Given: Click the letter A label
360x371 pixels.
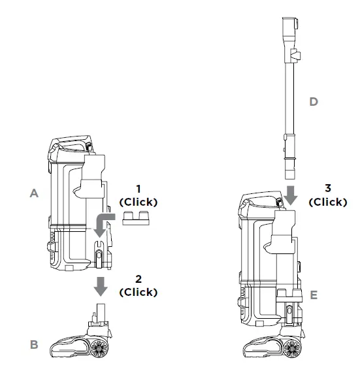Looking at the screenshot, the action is tap(34, 193).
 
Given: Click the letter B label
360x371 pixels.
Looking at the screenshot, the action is tap(34, 344).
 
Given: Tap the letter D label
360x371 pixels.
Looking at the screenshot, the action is tap(314, 102).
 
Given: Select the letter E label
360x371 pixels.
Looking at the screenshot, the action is tap(314, 295).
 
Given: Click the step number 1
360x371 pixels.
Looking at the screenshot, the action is tap(139, 189).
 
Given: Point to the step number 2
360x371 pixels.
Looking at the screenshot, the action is tap(139, 279).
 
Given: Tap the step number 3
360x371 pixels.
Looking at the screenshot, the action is tap(328, 188).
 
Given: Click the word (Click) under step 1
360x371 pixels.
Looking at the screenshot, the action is tap(139, 202).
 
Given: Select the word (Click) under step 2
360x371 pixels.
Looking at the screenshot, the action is tap(139, 292).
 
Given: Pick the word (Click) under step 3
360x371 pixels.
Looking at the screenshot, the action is tap(328, 202).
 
